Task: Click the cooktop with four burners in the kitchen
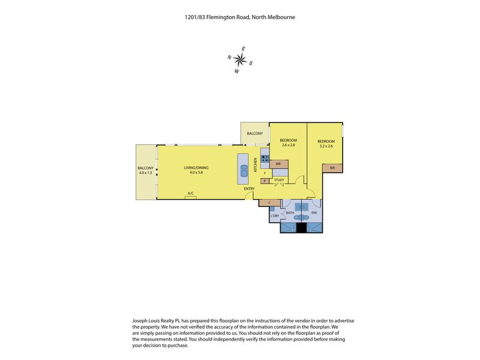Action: click(x=265, y=158)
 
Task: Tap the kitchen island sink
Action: click(x=244, y=171)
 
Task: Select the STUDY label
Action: click(x=279, y=180)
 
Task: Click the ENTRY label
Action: click(x=249, y=189)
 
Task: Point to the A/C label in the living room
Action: click(x=190, y=193)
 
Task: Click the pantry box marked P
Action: click(x=265, y=181)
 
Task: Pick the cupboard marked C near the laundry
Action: click(x=269, y=203)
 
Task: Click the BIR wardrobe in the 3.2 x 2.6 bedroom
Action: click(x=332, y=168)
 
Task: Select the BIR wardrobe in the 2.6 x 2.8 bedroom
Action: click(x=278, y=164)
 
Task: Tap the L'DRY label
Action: click(x=275, y=216)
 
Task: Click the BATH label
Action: click(x=290, y=213)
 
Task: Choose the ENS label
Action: click(x=314, y=213)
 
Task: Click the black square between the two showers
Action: click(x=302, y=228)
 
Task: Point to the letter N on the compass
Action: click(x=229, y=57)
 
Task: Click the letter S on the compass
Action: click(x=251, y=64)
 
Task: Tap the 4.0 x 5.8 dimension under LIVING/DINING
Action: click(x=196, y=172)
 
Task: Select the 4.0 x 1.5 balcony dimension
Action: click(x=145, y=173)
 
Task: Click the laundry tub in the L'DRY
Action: click(x=272, y=209)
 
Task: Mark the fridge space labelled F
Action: click(x=265, y=173)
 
